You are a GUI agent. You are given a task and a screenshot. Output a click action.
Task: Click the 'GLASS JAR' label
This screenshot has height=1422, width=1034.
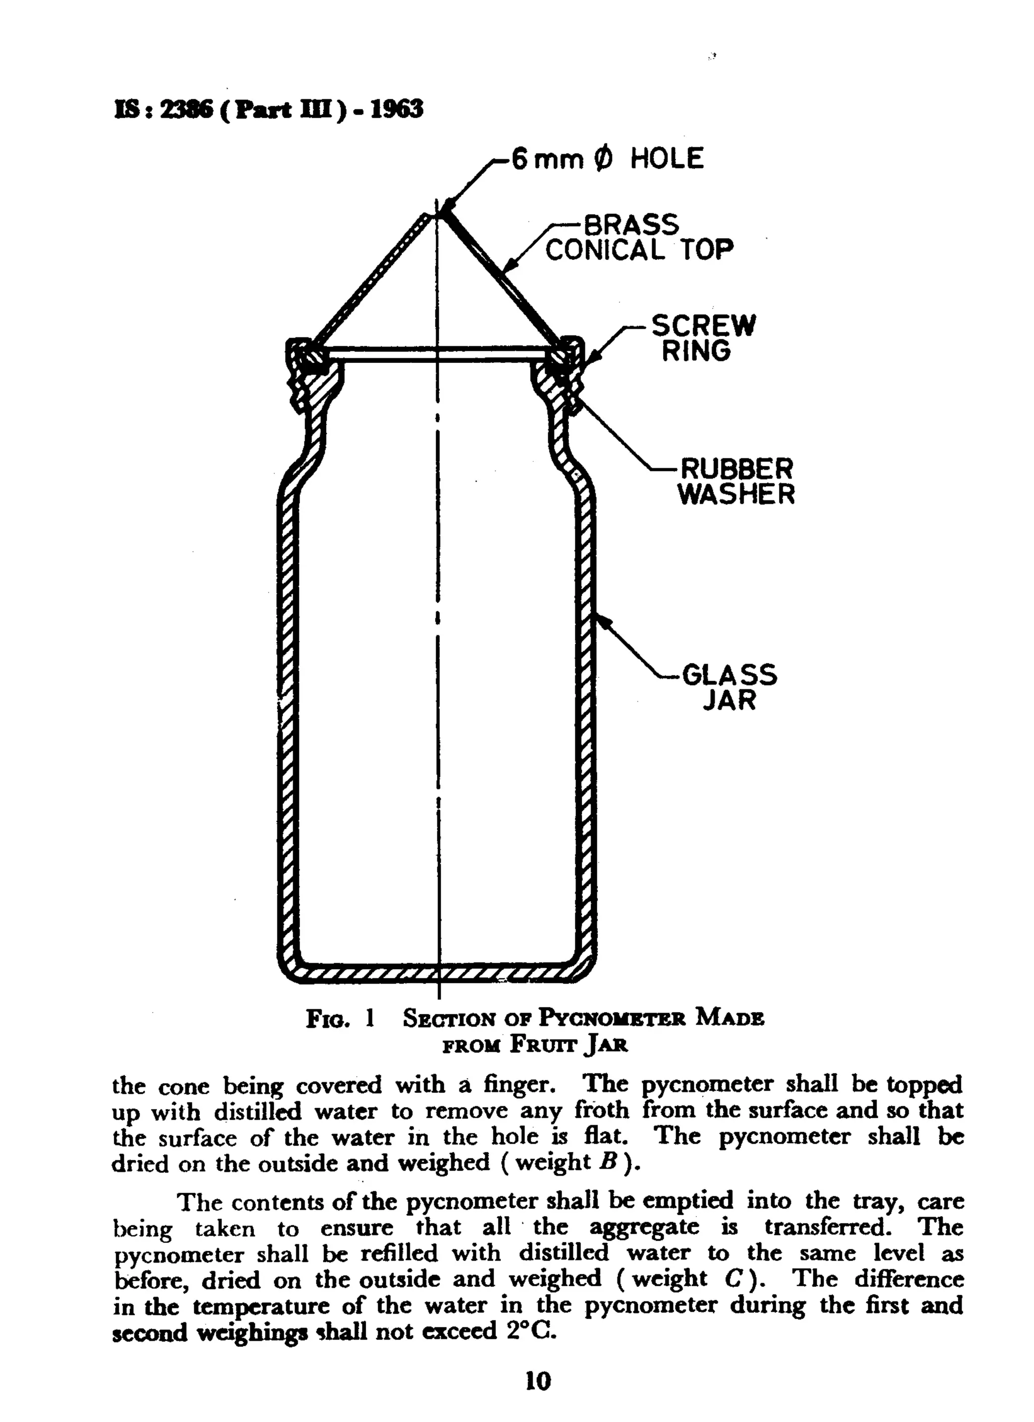(x=729, y=687)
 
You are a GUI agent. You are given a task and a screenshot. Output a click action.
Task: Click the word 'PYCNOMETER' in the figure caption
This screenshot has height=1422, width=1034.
(x=611, y=1018)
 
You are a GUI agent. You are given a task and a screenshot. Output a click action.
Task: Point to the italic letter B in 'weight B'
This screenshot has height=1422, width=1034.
(x=605, y=1162)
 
